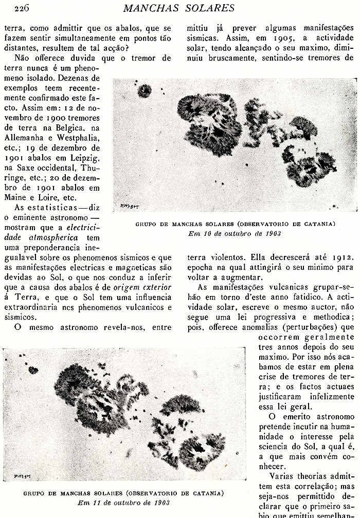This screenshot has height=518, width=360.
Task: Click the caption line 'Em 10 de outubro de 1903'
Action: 235,233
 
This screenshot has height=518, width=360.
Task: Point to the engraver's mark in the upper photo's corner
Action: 125,205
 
